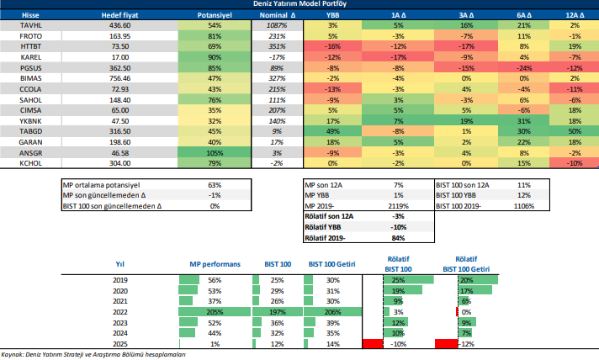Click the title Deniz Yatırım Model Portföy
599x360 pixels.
click(300, 4)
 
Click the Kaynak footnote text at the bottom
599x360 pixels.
click(93, 354)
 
